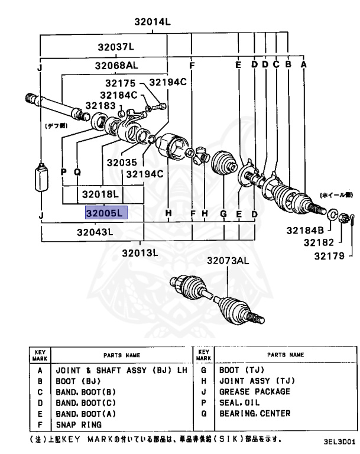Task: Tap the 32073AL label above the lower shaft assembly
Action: point(229,261)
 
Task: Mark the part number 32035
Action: point(122,161)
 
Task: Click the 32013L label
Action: point(142,253)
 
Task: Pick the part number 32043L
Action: point(95,232)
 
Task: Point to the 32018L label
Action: point(100,194)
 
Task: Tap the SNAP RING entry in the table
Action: point(79,424)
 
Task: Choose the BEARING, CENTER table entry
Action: point(255,413)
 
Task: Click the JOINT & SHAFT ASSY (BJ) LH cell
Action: point(121,370)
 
